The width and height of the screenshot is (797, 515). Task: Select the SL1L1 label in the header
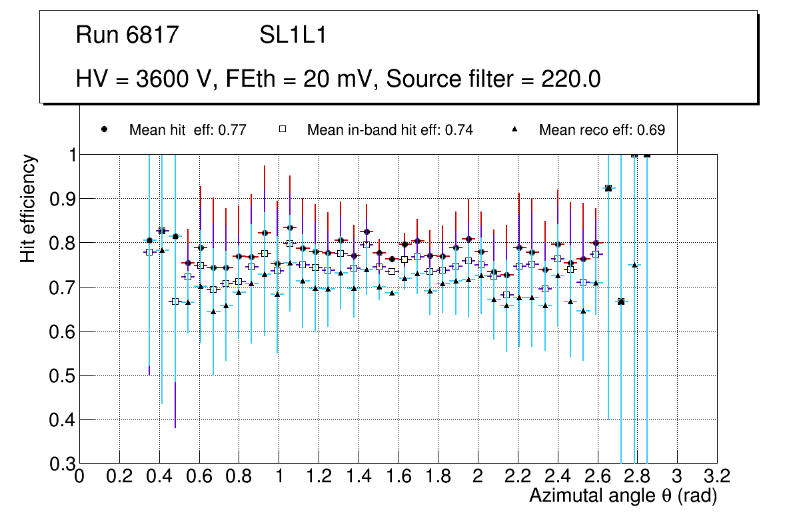[x=293, y=35]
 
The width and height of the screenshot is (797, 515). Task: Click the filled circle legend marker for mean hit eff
[x=104, y=129]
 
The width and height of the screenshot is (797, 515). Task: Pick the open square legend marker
[x=282, y=129]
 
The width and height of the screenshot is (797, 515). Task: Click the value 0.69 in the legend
[x=651, y=130]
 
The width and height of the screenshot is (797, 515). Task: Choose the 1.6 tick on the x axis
[x=398, y=476]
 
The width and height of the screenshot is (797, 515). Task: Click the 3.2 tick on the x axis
[x=717, y=476]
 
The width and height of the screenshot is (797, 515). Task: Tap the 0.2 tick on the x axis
[x=119, y=476]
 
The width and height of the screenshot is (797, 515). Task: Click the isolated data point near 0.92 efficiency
[x=608, y=189]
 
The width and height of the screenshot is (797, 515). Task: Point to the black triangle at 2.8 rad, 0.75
[x=634, y=265]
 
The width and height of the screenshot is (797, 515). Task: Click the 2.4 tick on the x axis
[x=558, y=476]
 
